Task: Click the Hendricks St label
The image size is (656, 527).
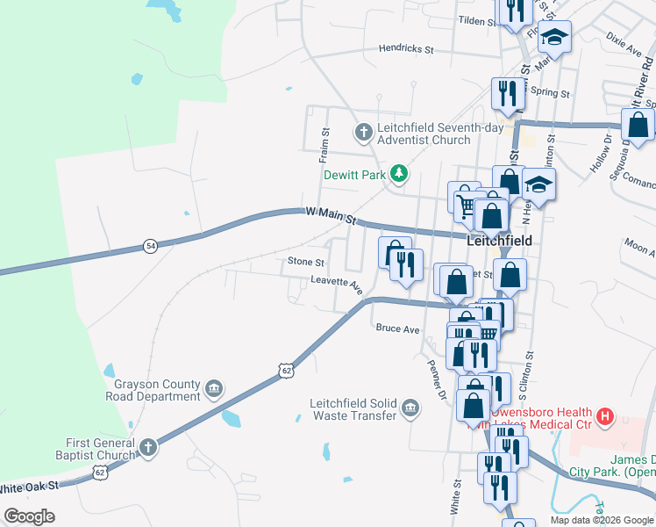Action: point(406,50)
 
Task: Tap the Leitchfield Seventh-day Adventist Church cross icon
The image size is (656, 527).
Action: point(363,134)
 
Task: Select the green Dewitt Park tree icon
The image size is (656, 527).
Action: point(399,174)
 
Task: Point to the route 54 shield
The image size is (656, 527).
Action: point(151,247)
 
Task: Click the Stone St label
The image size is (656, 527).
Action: point(306,262)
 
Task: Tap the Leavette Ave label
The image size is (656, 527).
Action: point(337,284)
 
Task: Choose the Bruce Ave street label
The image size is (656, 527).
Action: point(397,329)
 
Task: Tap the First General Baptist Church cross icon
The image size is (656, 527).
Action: point(148,448)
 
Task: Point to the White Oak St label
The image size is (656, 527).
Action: point(28,486)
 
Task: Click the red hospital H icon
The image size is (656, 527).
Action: point(603,416)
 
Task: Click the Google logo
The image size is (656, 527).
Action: point(29,516)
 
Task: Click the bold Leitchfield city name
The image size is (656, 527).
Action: point(500,240)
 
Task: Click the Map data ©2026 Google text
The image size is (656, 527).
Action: point(601,520)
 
